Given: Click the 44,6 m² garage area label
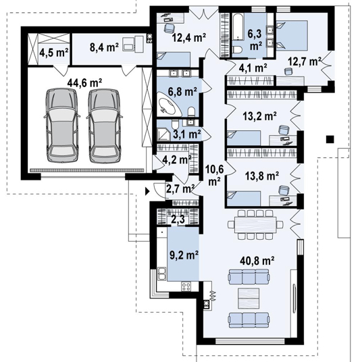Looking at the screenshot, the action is (84, 82).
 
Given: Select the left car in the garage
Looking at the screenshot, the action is (61, 125).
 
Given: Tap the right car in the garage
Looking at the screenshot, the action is (105, 125).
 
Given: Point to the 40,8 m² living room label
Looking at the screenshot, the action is (257, 261).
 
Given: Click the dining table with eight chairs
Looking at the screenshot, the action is (255, 224).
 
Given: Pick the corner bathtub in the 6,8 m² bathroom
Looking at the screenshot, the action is (170, 105).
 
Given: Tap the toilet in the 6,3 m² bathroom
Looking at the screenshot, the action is (236, 49).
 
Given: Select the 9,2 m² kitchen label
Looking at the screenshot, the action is (184, 255).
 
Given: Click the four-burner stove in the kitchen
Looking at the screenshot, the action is (186, 287).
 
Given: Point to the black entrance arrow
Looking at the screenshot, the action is (147, 191).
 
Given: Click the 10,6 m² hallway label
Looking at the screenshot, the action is (215, 176).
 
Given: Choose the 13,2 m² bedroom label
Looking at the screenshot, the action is (259, 115).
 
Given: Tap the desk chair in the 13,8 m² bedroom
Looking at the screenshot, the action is (284, 190).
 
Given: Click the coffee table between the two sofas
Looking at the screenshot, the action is (249, 298).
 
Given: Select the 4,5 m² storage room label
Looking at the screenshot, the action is (54, 53).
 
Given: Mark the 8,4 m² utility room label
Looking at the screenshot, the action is (104, 47).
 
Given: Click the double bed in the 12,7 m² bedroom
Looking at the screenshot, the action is (292, 35).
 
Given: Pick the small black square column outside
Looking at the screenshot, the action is (330, 139).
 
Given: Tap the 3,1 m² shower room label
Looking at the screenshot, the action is (186, 134).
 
